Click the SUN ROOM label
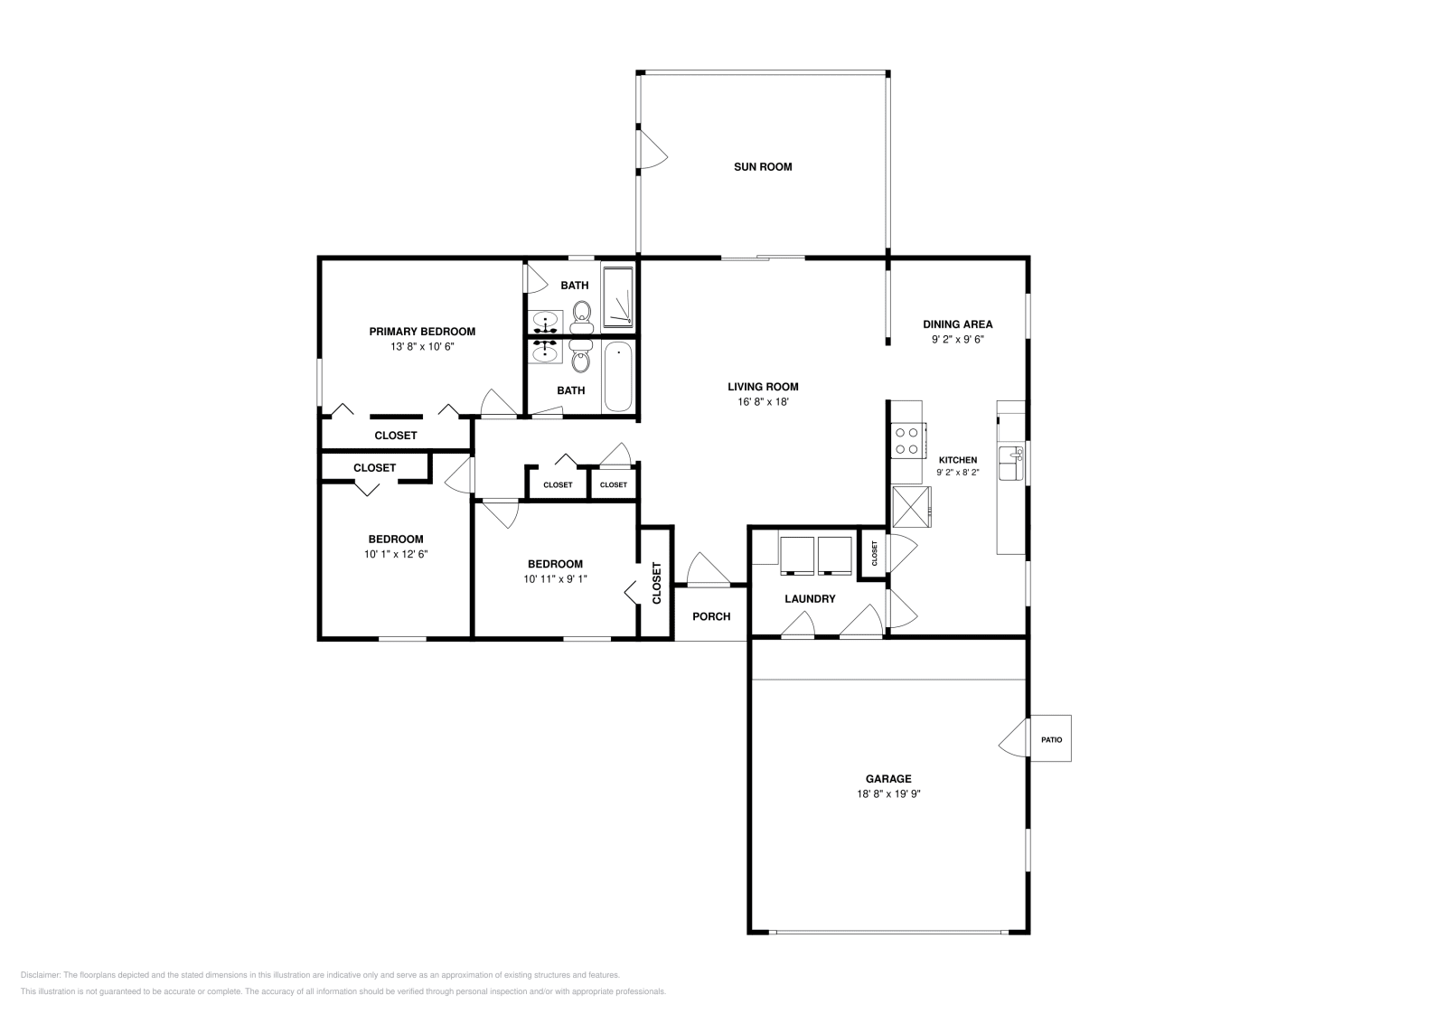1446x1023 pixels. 763,166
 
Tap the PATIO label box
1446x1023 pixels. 1051,739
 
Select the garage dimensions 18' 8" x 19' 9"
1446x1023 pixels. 888,793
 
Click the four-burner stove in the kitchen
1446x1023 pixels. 906,440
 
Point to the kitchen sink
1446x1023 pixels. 1009,464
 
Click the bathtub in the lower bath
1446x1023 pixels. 618,377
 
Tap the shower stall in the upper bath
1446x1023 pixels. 618,296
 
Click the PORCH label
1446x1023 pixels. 711,616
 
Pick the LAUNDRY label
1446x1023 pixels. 810,598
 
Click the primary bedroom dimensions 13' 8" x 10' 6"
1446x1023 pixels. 422,346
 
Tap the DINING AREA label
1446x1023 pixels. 957,324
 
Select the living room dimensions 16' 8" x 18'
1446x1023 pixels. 764,401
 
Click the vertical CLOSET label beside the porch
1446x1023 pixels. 657,583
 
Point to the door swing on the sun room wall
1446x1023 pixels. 651,149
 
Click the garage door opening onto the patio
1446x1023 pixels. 1014,738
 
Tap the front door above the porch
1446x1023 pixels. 708,570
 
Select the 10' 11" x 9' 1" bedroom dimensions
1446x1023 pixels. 555,578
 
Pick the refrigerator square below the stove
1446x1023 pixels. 911,505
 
